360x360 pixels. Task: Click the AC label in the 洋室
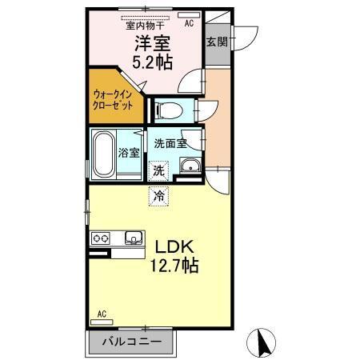pos(189,25)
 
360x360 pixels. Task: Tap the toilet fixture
pos(169,108)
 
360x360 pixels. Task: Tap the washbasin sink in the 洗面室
pos(191,167)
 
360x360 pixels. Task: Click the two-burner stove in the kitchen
pos(102,238)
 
